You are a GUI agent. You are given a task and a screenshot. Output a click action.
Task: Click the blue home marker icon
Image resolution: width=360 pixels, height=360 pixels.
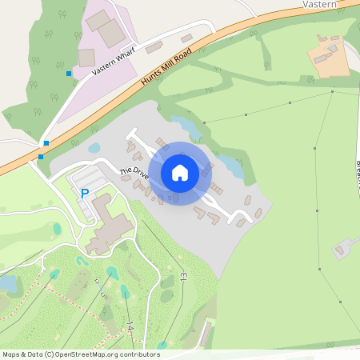pyautogui.click(x=180, y=173)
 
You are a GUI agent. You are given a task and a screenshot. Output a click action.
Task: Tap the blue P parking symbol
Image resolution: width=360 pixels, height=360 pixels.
pyautogui.click(x=85, y=193)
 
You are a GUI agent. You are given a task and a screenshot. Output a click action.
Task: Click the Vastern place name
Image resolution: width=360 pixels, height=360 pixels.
pyautogui.click(x=321, y=4)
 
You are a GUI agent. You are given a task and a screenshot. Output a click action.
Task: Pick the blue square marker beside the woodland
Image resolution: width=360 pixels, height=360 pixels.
pyautogui.click(x=69, y=74)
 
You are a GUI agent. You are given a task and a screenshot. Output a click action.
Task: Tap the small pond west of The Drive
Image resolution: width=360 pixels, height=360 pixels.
pyautogui.click(x=94, y=148)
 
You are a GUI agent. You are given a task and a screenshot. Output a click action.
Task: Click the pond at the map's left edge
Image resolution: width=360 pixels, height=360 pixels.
pyautogui.click(x=8, y=282)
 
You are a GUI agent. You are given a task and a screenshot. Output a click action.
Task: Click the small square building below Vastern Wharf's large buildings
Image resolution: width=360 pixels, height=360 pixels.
pyautogui.click(x=86, y=57)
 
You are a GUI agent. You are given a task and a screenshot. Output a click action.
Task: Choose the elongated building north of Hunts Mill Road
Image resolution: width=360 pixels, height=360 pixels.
pyautogui.click(x=154, y=47)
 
